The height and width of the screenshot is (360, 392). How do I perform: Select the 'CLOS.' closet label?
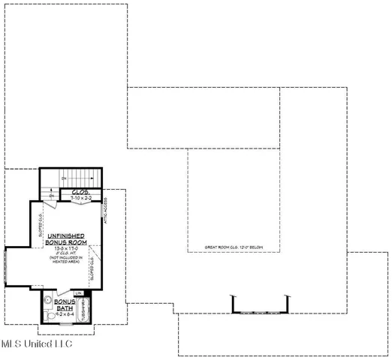pyautogui.click(x=80, y=192)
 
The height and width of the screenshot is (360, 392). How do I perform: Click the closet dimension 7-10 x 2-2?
pyautogui.click(x=80, y=198)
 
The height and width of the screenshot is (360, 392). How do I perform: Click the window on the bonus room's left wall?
pyautogui.click(x=4, y=266)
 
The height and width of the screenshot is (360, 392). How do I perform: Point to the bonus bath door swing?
pyautogui.click(x=59, y=295)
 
